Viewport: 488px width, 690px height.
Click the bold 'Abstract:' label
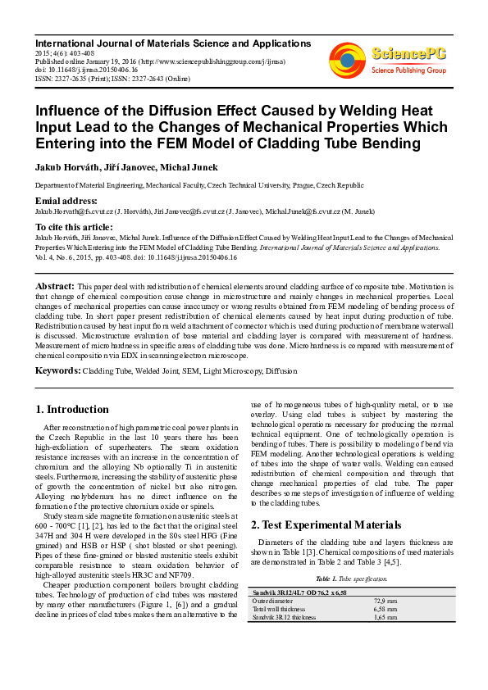[55, 286]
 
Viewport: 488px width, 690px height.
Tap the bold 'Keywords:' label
[58, 371]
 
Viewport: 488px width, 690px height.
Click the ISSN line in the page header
[112, 79]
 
